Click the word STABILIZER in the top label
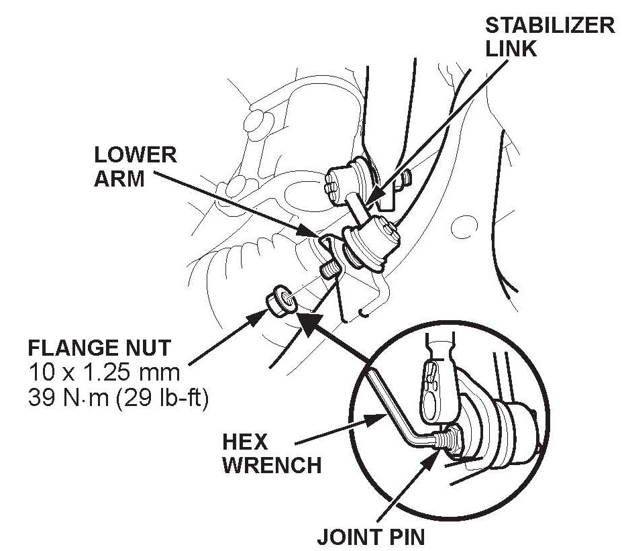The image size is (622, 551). [x=549, y=26]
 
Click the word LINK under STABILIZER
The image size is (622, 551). [x=511, y=50]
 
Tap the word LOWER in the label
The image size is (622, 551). [x=135, y=156]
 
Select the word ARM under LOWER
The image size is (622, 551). [x=119, y=179]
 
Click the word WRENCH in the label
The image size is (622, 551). [x=272, y=465]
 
